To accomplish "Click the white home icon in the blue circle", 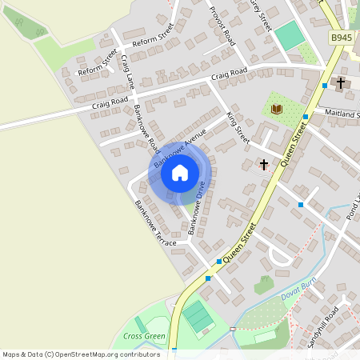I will (180, 173).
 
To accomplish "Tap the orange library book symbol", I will (277, 108).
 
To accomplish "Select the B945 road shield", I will (342, 38).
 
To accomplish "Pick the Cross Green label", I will (144, 337).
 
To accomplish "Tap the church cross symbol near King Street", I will (263, 164).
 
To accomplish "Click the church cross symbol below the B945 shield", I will (340, 82).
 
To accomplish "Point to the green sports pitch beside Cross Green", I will (198, 318).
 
